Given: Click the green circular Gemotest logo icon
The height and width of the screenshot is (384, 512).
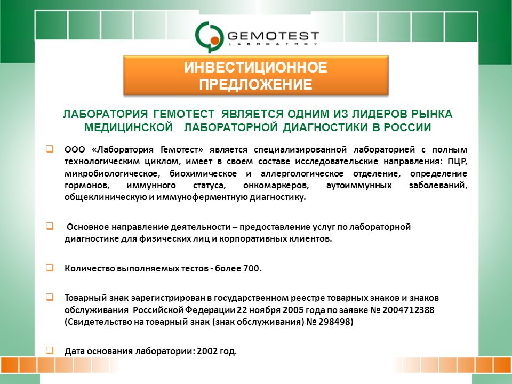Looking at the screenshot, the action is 209,37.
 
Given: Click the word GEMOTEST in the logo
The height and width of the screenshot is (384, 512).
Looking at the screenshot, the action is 273,36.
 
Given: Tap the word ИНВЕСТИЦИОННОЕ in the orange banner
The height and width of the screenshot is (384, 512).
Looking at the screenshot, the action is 255,68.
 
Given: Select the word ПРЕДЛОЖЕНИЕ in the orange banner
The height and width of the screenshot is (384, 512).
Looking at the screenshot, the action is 255,84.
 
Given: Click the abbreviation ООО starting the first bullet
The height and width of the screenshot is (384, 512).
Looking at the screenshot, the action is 75,149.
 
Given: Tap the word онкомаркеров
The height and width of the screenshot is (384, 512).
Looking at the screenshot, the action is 276,186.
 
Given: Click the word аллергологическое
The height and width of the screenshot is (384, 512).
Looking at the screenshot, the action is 302,173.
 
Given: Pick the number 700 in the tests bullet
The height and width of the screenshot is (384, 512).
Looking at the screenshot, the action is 252,268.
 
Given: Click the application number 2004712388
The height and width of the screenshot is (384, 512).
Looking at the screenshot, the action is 408,310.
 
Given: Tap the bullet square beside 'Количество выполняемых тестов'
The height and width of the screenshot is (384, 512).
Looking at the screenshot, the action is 50,268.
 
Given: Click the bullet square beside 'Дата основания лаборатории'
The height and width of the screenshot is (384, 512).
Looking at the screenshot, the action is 50,350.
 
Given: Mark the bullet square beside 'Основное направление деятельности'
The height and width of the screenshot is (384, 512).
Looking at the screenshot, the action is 50,226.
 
